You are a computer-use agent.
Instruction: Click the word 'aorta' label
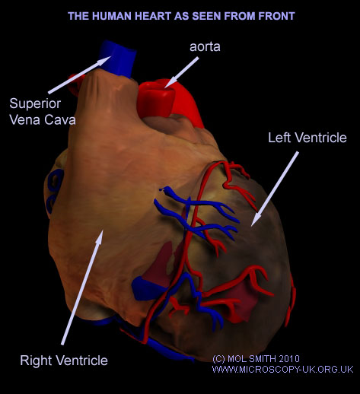click(205, 47)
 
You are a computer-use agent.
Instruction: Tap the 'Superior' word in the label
click(35, 103)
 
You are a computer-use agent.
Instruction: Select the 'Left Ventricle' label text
click(307, 138)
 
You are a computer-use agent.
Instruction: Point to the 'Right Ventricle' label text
click(64, 361)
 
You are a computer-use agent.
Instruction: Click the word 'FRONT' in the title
click(276, 16)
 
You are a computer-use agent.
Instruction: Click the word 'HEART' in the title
click(153, 16)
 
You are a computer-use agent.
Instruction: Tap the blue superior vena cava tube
click(117, 59)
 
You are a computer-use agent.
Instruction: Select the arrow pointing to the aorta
click(181, 72)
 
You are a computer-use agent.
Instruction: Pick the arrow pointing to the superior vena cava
click(79, 75)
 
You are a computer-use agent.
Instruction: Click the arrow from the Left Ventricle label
click(275, 189)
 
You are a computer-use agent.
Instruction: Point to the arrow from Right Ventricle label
click(82, 288)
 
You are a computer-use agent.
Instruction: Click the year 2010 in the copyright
click(289, 359)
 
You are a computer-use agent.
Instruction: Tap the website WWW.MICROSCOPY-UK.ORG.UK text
click(282, 370)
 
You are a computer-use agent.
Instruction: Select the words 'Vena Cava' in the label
click(43, 120)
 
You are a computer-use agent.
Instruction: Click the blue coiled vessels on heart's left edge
click(54, 190)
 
